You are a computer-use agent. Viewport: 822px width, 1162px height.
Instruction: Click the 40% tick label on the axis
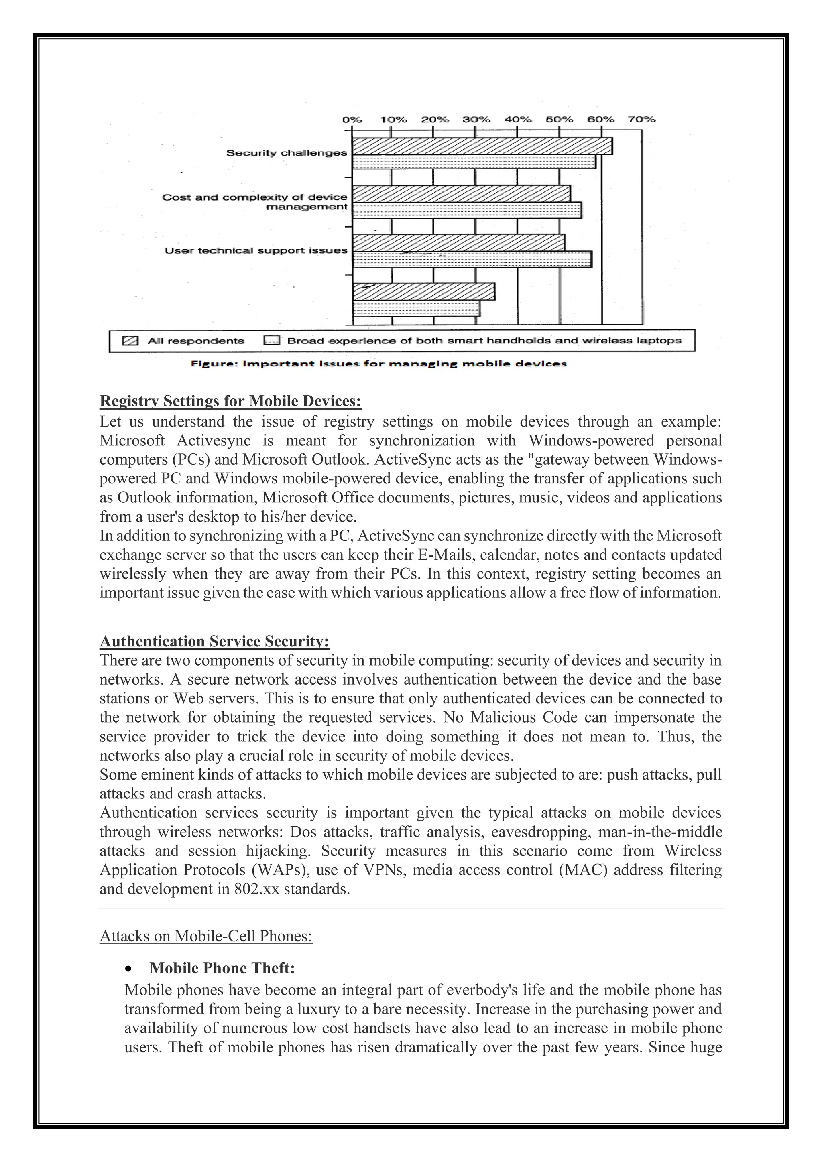pyautogui.click(x=517, y=120)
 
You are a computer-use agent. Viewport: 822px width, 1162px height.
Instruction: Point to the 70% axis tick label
pyautogui.click(x=641, y=120)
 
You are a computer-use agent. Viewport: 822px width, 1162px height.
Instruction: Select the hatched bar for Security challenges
pyautogui.click(x=482, y=146)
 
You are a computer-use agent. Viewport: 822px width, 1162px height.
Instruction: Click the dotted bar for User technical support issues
pyautogui.click(x=472, y=259)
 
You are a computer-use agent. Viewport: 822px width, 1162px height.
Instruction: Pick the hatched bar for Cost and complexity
pyautogui.click(x=461, y=194)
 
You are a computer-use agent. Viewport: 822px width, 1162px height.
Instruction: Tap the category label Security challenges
pyautogui.click(x=287, y=153)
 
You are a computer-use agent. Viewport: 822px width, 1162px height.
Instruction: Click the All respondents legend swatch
pyautogui.click(x=130, y=341)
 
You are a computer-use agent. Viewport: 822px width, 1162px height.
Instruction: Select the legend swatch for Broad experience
pyautogui.click(x=271, y=341)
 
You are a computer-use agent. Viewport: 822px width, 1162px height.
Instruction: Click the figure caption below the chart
pyautogui.click(x=378, y=364)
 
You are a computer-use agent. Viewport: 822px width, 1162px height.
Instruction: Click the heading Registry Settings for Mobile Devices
pyautogui.click(x=230, y=401)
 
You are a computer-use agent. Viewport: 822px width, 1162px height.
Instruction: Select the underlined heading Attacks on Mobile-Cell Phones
pyautogui.click(x=205, y=936)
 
